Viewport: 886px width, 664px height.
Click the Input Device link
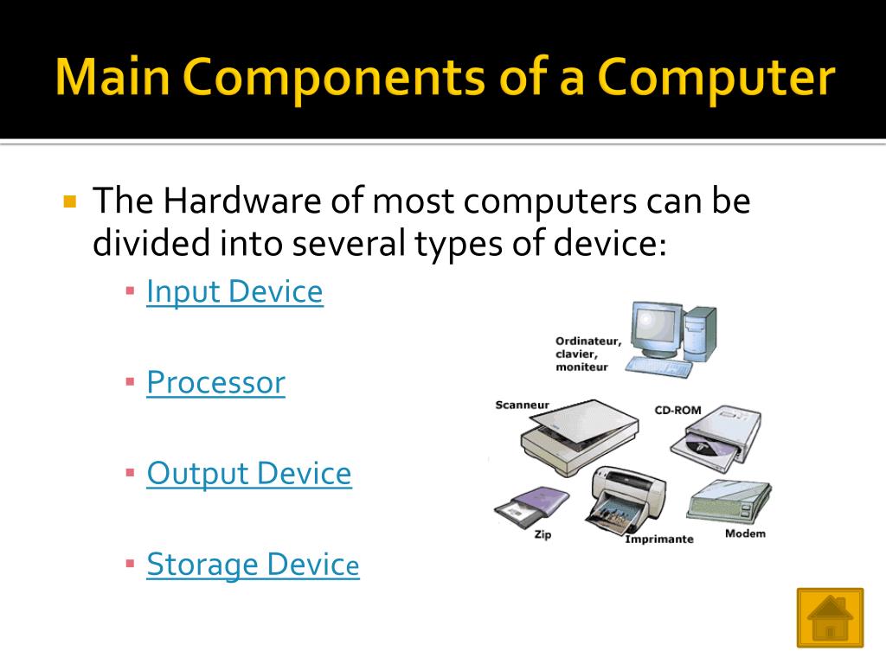[x=234, y=292]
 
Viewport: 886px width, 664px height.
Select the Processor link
[x=215, y=382]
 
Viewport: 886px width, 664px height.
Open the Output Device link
[x=249, y=474]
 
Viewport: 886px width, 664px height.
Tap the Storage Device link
[x=253, y=565]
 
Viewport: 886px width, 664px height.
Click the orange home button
[x=830, y=617]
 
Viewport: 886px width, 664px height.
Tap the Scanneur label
[x=522, y=405]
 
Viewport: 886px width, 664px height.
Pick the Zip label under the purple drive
[x=543, y=535]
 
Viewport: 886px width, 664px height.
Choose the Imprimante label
[x=659, y=539]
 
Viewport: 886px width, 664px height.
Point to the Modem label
[x=745, y=533]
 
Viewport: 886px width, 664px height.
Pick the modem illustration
[x=729, y=501]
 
